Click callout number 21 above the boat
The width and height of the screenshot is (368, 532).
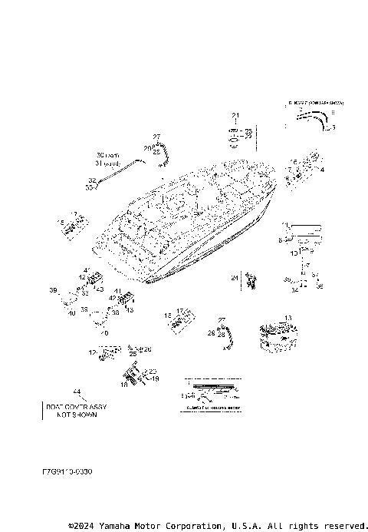coord(236,115)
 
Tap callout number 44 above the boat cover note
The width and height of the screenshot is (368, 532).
coord(76,392)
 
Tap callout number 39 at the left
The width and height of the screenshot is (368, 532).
coord(54,290)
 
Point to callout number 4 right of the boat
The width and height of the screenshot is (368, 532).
coord(322,169)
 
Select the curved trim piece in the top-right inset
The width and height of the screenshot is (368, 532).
coord(314,118)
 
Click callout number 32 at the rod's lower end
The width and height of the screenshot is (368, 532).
coord(92,180)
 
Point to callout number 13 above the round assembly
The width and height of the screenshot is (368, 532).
coord(288,318)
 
